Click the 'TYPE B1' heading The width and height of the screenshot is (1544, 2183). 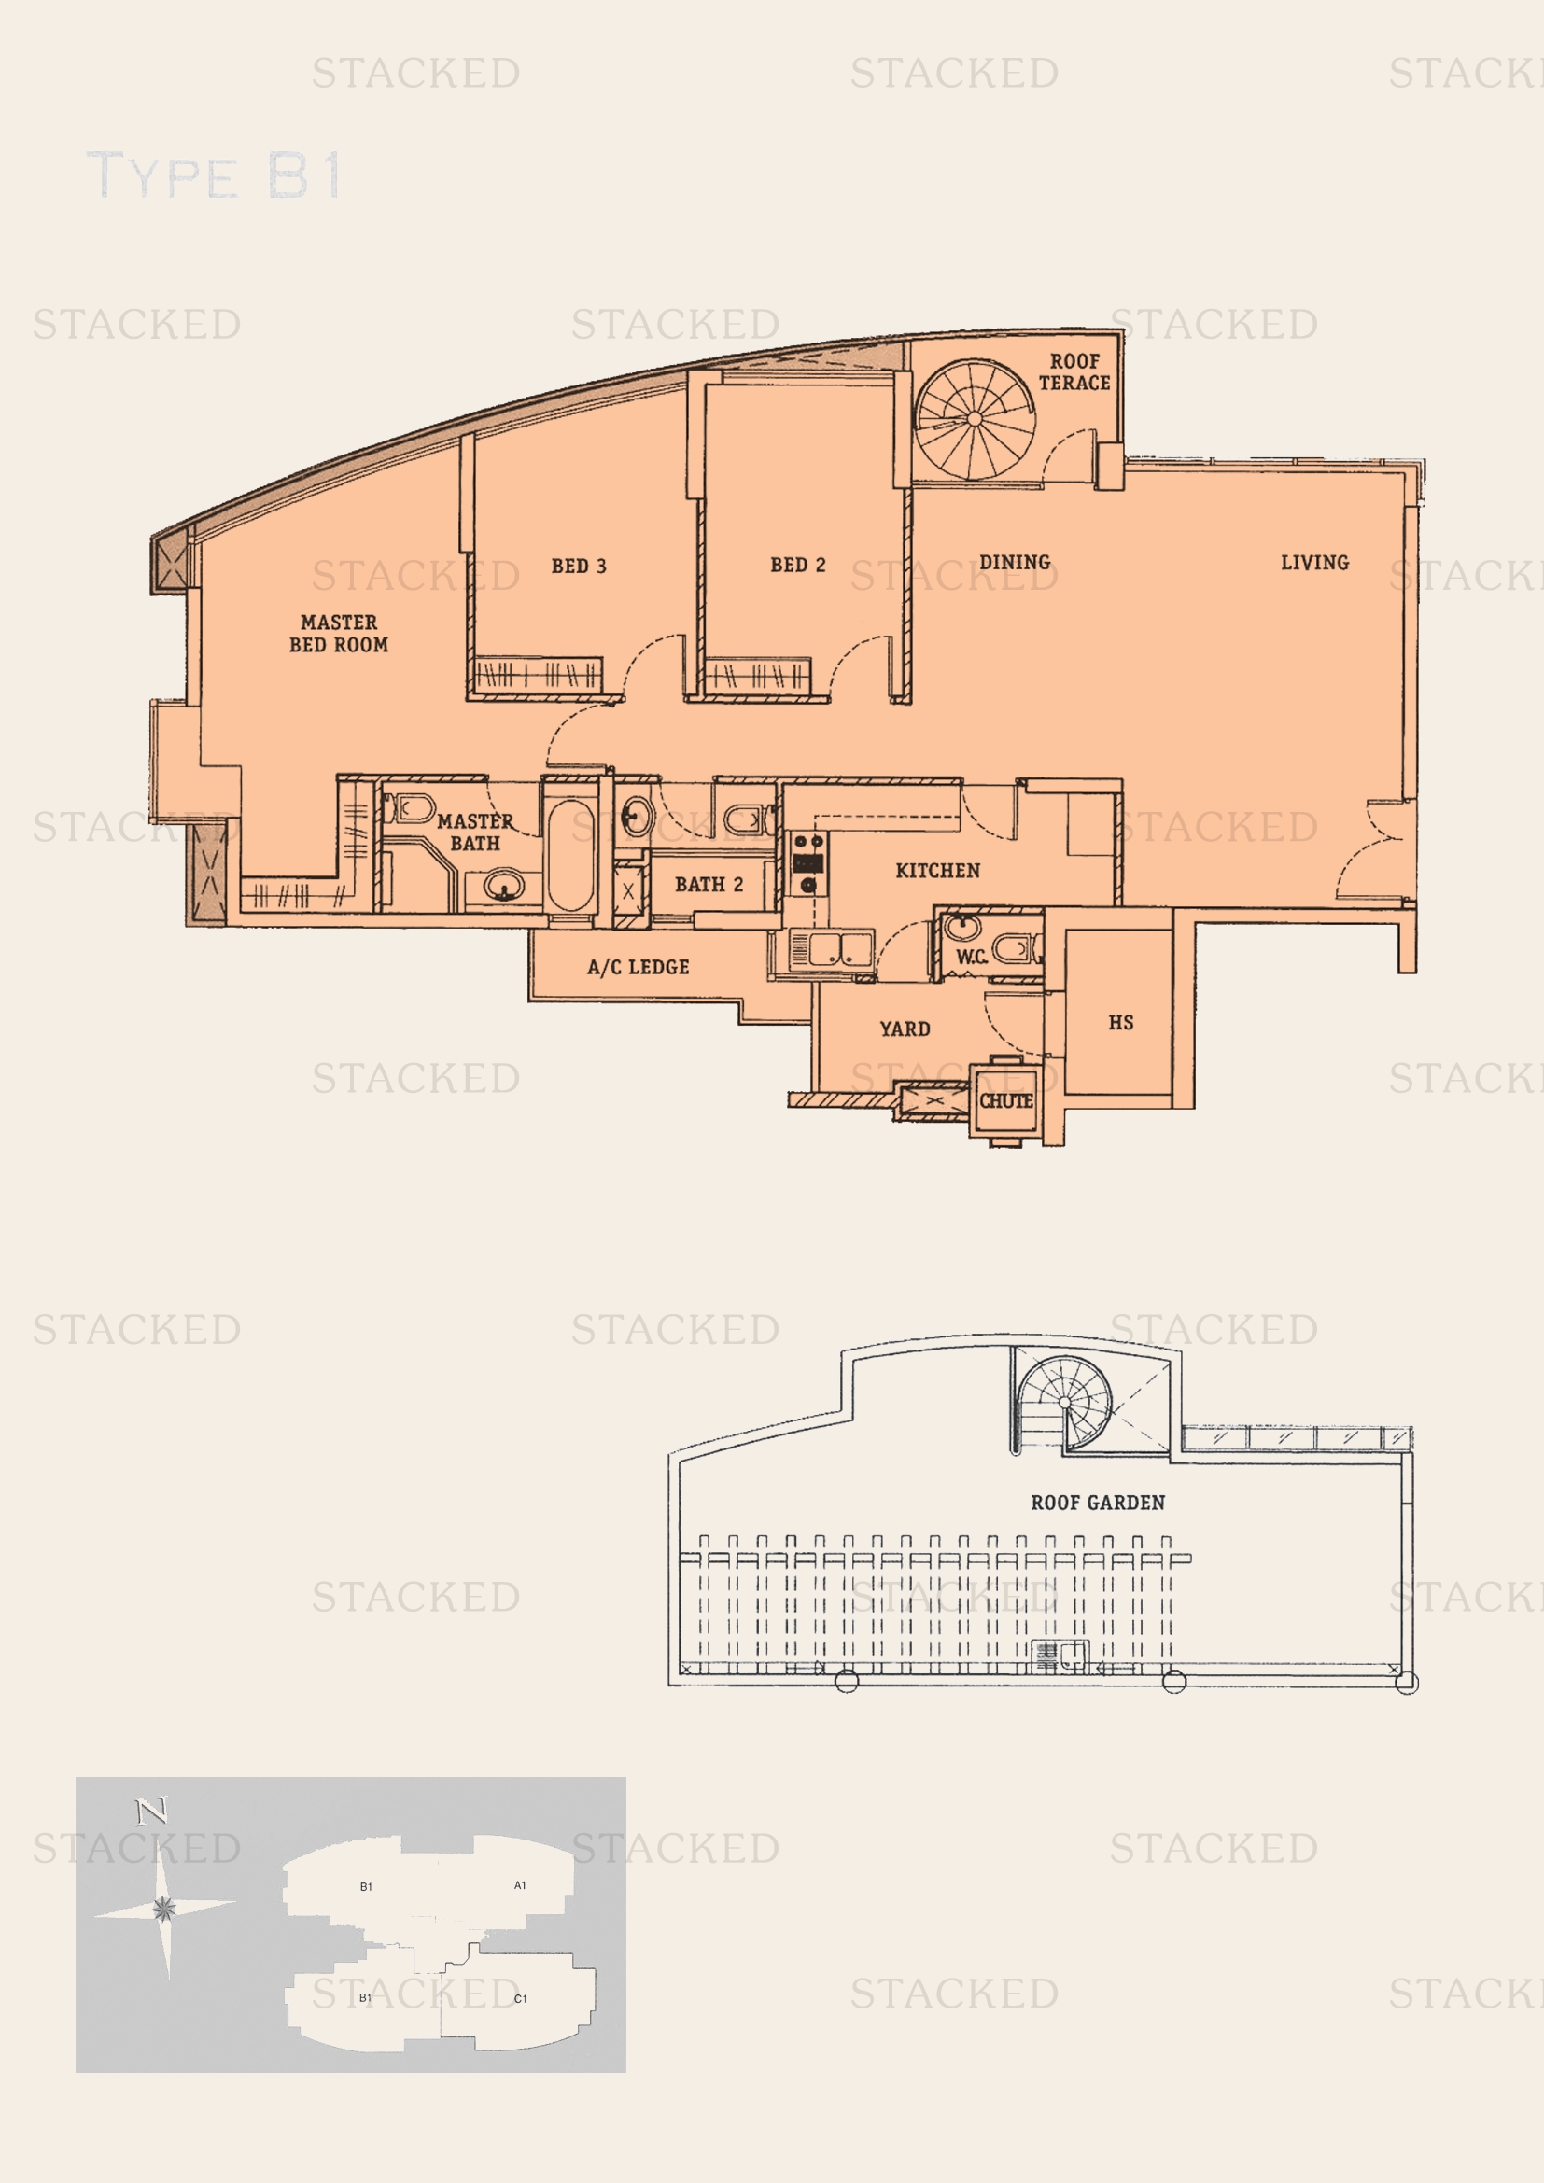click(214, 175)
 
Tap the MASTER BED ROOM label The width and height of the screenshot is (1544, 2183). click(339, 633)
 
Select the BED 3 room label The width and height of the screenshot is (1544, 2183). click(578, 566)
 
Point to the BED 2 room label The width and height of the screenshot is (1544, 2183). click(797, 565)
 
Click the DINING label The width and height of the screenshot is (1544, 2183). click(1015, 562)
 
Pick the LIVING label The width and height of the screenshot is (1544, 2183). click(1315, 562)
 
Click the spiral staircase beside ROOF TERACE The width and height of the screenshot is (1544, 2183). click(975, 419)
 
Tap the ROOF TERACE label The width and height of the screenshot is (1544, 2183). click(1074, 371)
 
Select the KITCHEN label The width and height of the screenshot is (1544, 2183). click(937, 870)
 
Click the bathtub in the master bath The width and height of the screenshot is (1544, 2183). click(569, 855)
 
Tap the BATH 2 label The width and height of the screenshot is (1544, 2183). click(709, 884)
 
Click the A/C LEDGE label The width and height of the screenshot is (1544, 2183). click(638, 967)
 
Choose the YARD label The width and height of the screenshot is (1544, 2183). click(905, 1029)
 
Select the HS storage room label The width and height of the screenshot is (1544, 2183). click(1121, 1022)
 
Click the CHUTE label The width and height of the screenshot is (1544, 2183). click(1006, 1100)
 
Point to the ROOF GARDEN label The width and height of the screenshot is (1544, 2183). click(1098, 1503)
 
